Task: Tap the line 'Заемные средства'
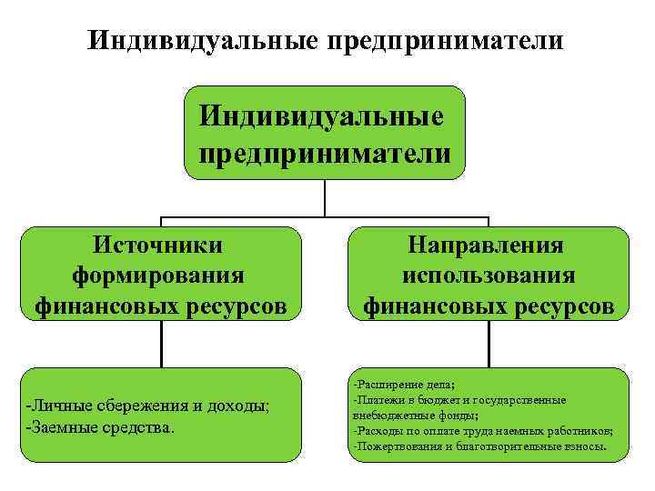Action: [100, 426]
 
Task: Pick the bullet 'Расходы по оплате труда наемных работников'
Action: [482, 431]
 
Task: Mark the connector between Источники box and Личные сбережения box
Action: [162, 345]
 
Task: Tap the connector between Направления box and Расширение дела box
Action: [489, 345]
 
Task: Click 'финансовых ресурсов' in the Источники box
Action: [159, 306]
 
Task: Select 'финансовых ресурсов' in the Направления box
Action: [489, 306]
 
